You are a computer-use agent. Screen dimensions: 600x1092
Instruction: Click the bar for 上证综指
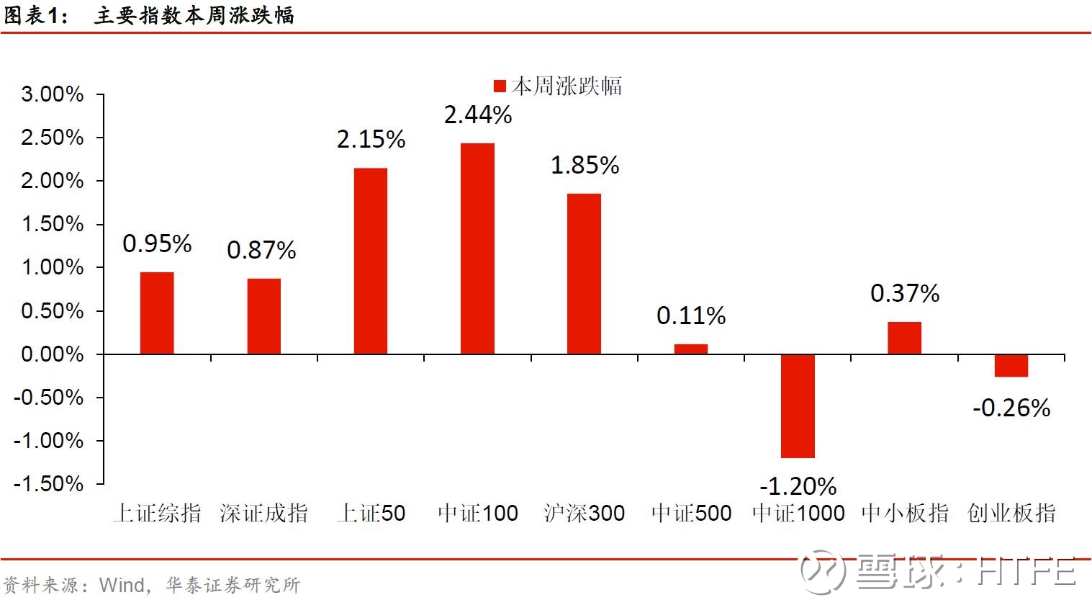click(157, 313)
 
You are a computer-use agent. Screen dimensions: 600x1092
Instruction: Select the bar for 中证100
click(477, 248)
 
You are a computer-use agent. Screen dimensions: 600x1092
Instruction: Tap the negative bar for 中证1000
click(798, 406)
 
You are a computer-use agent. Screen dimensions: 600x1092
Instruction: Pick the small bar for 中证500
click(691, 349)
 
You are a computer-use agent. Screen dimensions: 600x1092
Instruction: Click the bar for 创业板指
click(1011, 365)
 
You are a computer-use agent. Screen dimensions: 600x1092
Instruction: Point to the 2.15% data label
click(371, 139)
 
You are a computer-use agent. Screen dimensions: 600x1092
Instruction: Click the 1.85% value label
click(585, 165)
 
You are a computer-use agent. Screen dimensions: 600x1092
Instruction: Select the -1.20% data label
click(798, 486)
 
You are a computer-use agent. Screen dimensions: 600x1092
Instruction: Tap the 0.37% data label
click(905, 293)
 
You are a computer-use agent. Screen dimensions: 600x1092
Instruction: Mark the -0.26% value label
click(1011, 408)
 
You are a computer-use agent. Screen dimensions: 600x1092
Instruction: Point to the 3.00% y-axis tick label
click(53, 94)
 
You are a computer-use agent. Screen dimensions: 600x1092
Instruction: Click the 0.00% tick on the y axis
click(53, 354)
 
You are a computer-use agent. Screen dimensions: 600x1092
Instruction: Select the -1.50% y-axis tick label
click(49, 483)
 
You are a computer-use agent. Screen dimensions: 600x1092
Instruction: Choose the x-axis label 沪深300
click(585, 513)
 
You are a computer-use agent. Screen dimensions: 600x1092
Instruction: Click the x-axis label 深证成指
click(264, 513)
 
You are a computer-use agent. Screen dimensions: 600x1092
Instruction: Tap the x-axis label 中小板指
click(905, 513)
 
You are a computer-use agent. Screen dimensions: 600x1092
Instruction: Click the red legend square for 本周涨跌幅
click(500, 86)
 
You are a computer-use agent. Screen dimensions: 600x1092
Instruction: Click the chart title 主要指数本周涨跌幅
click(194, 15)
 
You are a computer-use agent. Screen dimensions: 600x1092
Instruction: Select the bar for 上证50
click(371, 261)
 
